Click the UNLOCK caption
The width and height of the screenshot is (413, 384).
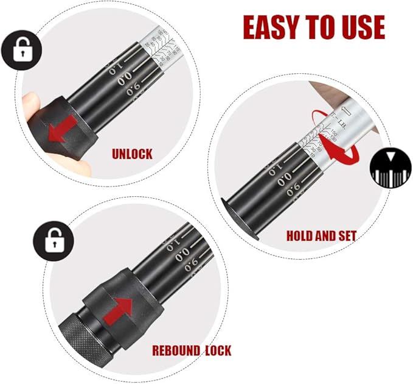132,154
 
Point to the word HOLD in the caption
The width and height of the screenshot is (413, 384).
300,235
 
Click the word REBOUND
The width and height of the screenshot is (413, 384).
175,350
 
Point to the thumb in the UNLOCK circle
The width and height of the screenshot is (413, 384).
35,116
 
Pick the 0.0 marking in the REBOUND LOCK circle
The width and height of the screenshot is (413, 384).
182,257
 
